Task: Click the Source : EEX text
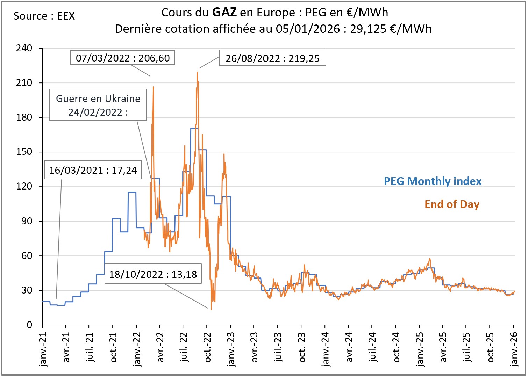(x=44, y=16)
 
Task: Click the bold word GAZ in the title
(x=224, y=13)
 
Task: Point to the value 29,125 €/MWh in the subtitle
(x=391, y=29)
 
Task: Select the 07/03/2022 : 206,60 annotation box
(x=123, y=58)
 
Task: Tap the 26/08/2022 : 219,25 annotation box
(x=272, y=58)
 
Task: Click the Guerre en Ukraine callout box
(x=98, y=105)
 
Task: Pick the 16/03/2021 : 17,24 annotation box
(x=93, y=170)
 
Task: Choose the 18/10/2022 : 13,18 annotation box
(x=153, y=274)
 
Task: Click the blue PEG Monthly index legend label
(x=433, y=181)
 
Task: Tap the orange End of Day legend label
(x=452, y=204)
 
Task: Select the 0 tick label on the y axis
(x=29, y=325)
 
